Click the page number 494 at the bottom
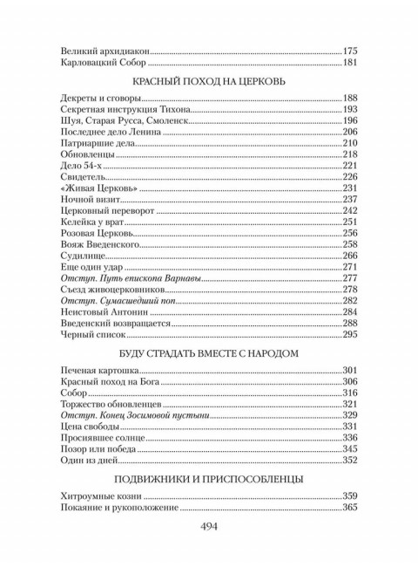point(208,526)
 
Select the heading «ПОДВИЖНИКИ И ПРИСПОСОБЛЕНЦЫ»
point(209,478)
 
